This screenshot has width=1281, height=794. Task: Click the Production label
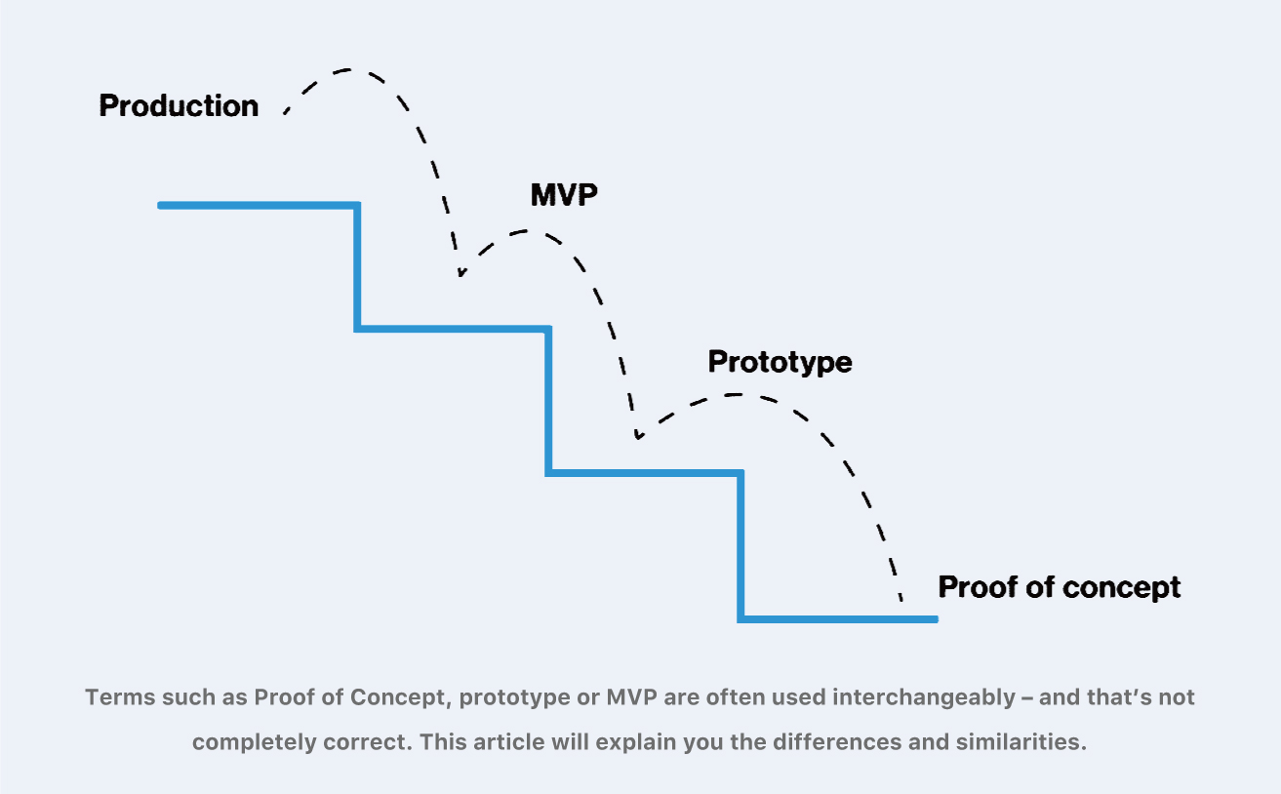[x=179, y=105]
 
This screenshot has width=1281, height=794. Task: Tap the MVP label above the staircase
[x=563, y=194]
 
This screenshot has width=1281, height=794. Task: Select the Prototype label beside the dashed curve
[x=780, y=362]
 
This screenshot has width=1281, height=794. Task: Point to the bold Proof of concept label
[x=1059, y=587]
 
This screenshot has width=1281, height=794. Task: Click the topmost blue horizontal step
[x=259, y=205]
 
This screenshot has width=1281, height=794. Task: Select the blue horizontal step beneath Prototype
[x=645, y=473]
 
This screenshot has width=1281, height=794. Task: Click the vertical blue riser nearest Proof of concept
[x=741, y=546]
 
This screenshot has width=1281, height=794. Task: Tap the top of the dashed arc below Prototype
[x=737, y=394]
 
